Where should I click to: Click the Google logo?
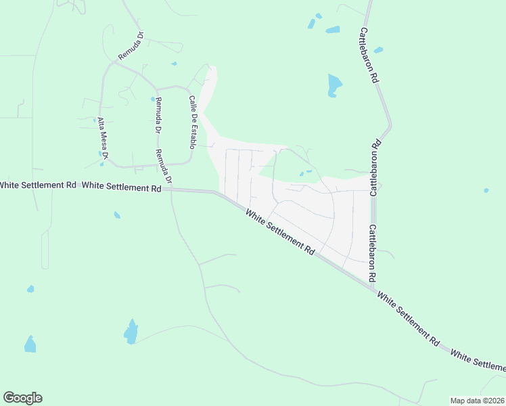pyautogui.click(x=22, y=398)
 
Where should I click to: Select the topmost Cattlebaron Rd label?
pyautogui.click(x=368, y=55)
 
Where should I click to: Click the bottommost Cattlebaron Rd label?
pyautogui.click(x=371, y=254)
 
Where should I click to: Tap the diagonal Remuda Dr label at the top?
pyautogui.click(x=131, y=46)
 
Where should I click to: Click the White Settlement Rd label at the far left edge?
pyautogui.click(x=38, y=185)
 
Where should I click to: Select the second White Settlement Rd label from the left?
pyautogui.click(x=121, y=187)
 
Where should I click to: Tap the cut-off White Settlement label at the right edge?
pyautogui.click(x=478, y=360)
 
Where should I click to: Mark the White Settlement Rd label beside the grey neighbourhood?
pyautogui.click(x=281, y=232)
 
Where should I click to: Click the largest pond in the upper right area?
pyautogui.click(x=334, y=85)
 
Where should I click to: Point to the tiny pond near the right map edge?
pyautogui.click(x=486, y=190)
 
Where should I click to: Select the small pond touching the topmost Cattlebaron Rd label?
pyautogui.click(x=378, y=49)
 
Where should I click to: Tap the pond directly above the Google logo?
pyautogui.click(x=30, y=344)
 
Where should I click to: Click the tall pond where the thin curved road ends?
pyautogui.click(x=131, y=331)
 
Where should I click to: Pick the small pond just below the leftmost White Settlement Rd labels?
pyautogui.click(x=117, y=215)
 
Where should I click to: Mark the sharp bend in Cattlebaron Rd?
pyautogui.click(x=390, y=125)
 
